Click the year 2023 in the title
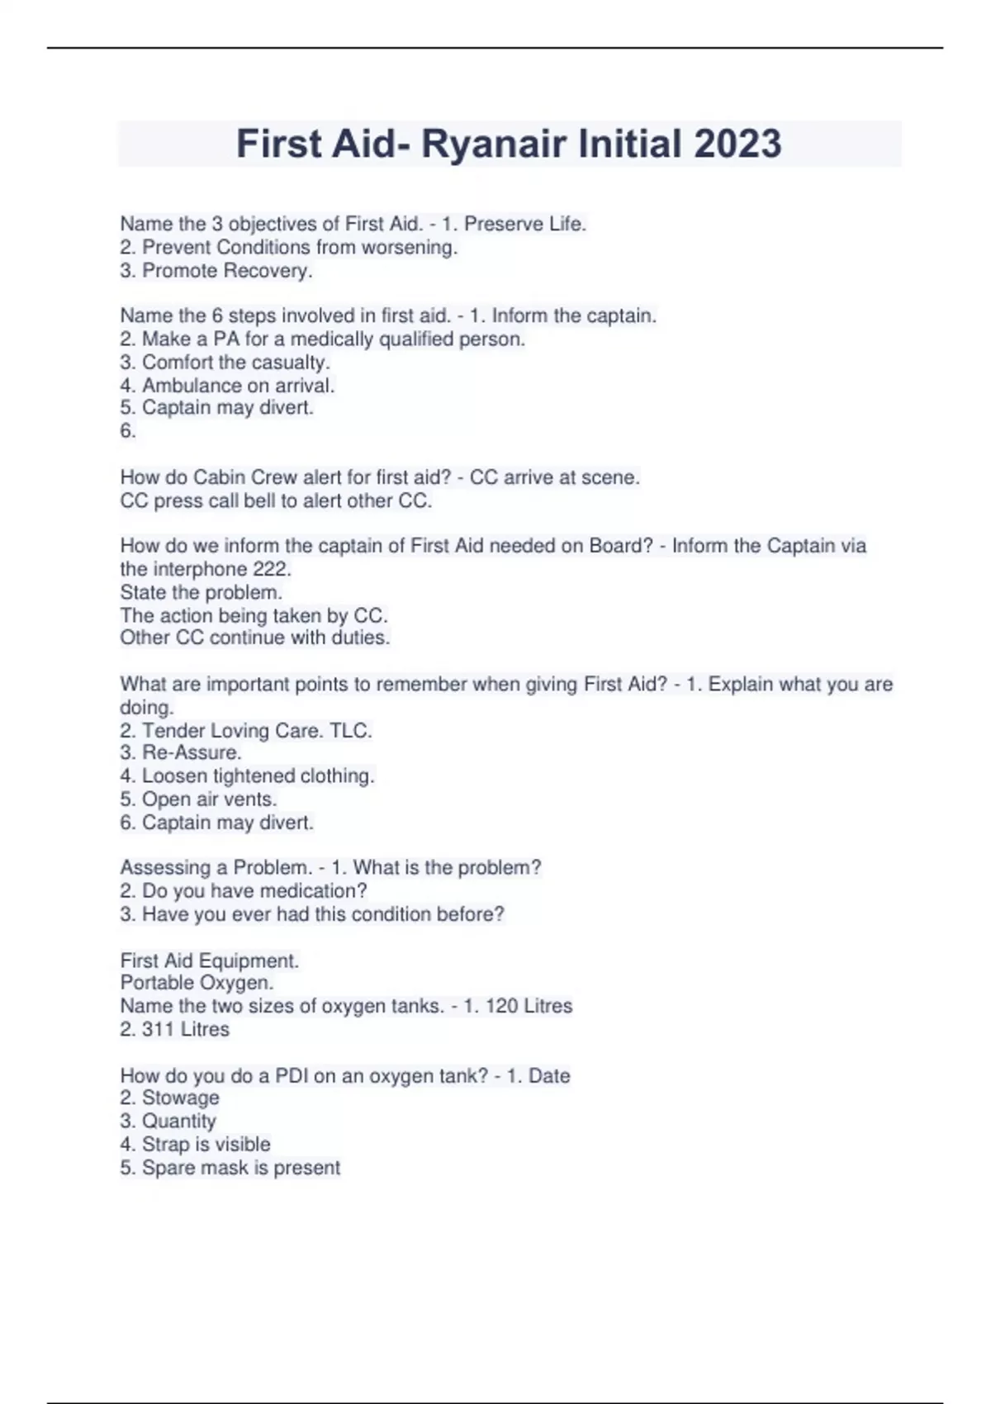(x=737, y=144)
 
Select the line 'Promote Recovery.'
(x=216, y=271)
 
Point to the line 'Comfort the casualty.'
(x=225, y=363)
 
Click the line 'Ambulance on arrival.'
(x=227, y=386)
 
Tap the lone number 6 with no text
(x=127, y=431)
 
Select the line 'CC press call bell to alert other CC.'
(x=276, y=501)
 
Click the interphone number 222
(x=273, y=569)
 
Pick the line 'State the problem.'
(x=201, y=593)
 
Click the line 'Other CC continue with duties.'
(x=254, y=638)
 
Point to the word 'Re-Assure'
(x=190, y=753)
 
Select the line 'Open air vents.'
(x=198, y=799)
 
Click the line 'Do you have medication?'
(x=244, y=891)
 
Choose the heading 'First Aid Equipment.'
(x=210, y=961)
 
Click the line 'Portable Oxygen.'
(x=197, y=983)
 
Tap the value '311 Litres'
(x=185, y=1030)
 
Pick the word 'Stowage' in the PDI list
(x=180, y=1098)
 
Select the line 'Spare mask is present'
(x=230, y=1168)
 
